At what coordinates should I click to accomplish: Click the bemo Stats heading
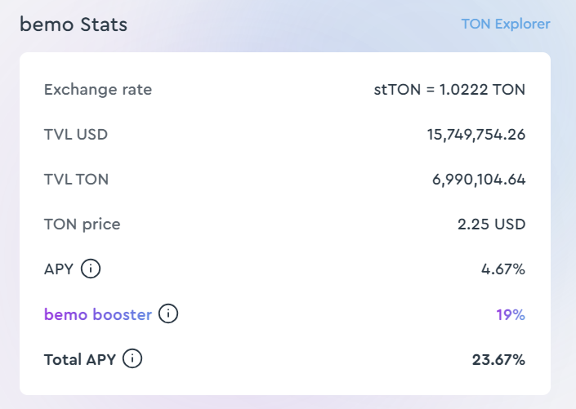(x=74, y=24)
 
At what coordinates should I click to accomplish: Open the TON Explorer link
(x=505, y=24)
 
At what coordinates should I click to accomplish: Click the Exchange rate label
(x=98, y=89)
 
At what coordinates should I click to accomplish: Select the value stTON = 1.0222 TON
(x=449, y=89)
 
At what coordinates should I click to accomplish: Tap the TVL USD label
(x=76, y=134)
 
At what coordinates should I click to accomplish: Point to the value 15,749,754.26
(x=476, y=134)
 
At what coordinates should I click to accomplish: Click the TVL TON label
(x=77, y=179)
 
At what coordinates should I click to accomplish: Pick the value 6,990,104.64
(x=478, y=179)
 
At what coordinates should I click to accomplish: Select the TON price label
(x=83, y=224)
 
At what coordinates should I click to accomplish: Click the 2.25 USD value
(x=491, y=224)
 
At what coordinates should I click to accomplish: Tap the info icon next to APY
(x=91, y=268)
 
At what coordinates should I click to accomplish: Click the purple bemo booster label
(x=98, y=313)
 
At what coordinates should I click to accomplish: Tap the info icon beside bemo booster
(x=167, y=313)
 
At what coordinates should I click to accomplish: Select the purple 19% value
(x=511, y=313)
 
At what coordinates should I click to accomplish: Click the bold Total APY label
(x=81, y=358)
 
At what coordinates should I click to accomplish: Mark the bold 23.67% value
(x=498, y=358)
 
